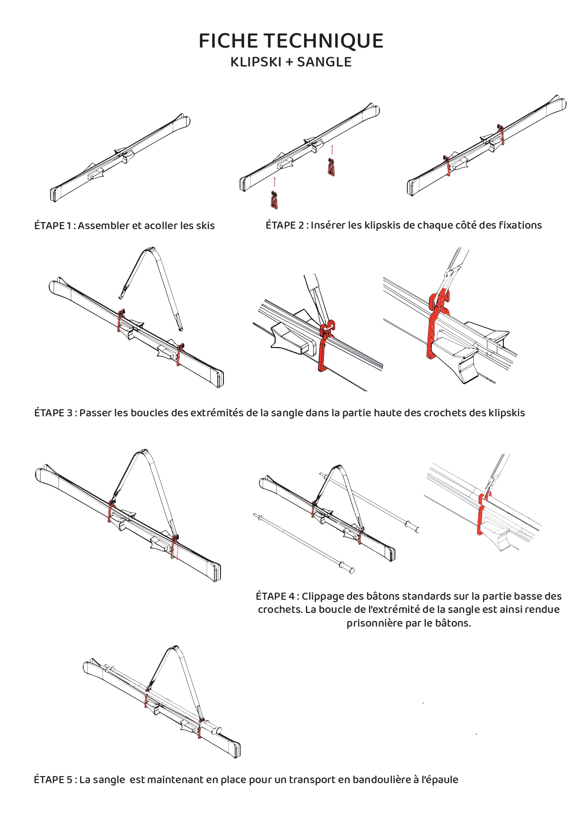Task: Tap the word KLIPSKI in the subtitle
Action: coord(255,62)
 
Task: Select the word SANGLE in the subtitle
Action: coord(324,62)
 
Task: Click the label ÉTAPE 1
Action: coord(49,226)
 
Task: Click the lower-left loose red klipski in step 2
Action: coord(274,200)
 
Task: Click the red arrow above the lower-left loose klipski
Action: coord(274,182)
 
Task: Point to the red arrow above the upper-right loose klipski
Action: coord(332,150)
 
